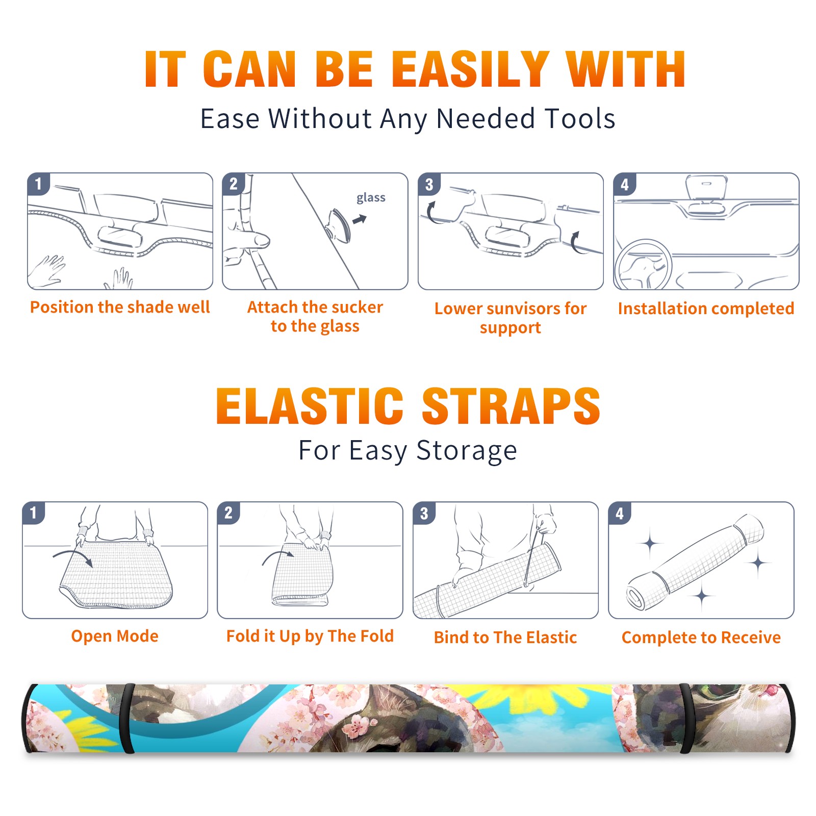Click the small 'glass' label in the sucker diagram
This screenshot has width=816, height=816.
pyautogui.click(x=371, y=197)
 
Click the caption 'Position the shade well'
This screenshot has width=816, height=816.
pyautogui.click(x=120, y=307)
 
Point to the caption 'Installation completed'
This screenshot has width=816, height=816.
pyautogui.click(x=706, y=308)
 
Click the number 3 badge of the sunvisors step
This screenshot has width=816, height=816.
pyautogui.click(x=429, y=185)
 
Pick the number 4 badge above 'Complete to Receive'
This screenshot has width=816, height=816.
pyautogui.click(x=620, y=513)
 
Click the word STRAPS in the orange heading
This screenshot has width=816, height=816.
pyautogui.click(x=511, y=406)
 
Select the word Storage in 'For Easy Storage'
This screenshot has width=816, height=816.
pyautogui.click(x=467, y=451)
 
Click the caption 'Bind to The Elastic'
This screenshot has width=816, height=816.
pyautogui.click(x=505, y=637)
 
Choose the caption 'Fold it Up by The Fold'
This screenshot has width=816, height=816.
pyautogui.click(x=310, y=636)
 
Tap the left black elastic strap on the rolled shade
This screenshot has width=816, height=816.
pyautogui.click(x=127, y=719)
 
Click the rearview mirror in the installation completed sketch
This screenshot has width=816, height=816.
pyautogui.click(x=706, y=187)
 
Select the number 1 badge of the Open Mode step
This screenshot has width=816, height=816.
pyautogui.click(x=33, y=513)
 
